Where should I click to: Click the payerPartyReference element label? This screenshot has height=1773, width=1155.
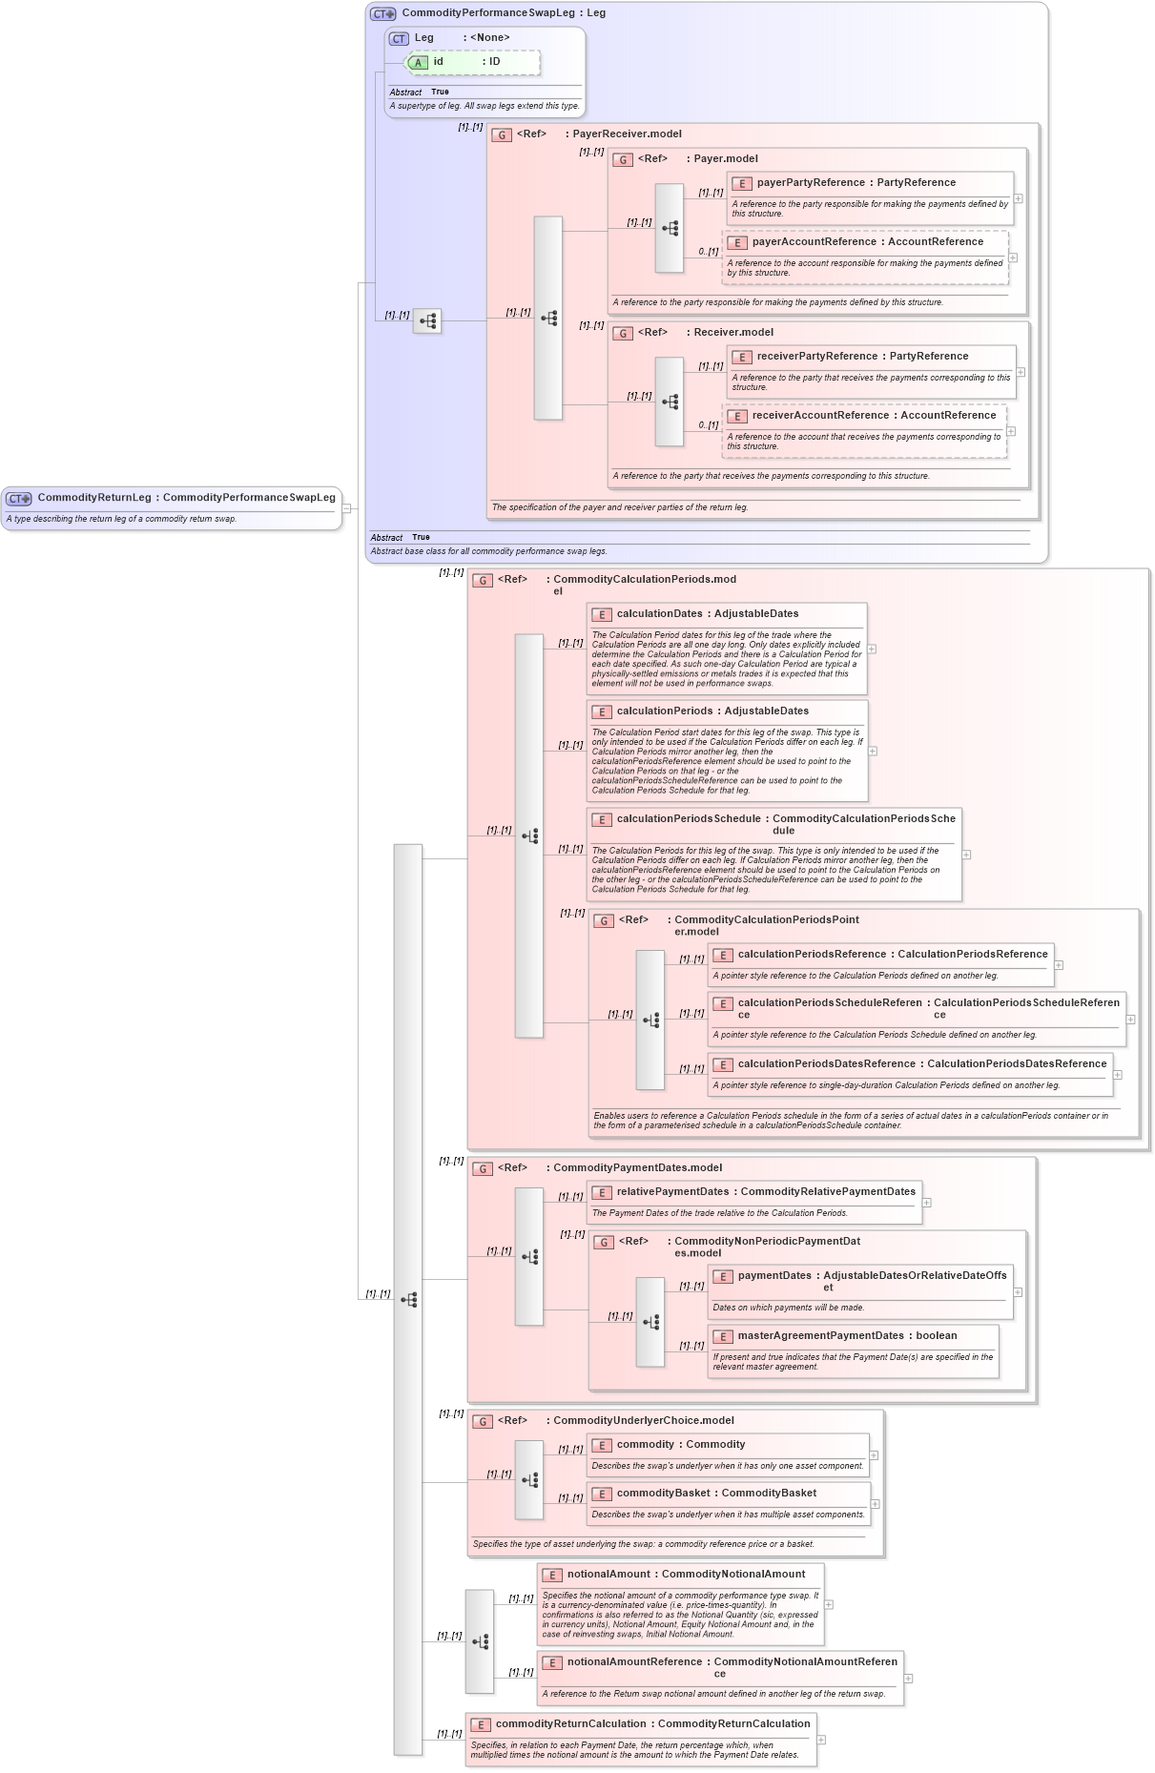tap(811, 183)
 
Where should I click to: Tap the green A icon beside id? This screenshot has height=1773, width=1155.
tap(418, 62)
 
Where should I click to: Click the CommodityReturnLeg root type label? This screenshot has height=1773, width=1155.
tap(93, 498)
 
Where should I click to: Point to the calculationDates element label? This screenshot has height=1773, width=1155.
tap(659, 614)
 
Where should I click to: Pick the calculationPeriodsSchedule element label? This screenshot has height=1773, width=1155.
tap(689, 819)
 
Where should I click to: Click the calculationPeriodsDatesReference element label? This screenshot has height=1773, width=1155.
tap(826, 1064)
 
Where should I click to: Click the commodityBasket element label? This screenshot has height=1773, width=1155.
tap(663, 1494)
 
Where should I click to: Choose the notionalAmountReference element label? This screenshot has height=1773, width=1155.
tap(634, 1662)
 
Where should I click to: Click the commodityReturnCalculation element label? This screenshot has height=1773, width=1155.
tap(570, 1724)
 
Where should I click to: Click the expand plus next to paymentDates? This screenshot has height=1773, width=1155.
tap(1018, 1292)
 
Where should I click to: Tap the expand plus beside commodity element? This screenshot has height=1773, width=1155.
tap(874, 1455)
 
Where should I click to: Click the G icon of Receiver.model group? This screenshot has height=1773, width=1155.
tap(623, 334)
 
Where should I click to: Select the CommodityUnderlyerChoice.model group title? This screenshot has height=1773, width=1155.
tap(644, 1421)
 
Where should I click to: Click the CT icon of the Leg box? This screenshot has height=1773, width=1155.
tap(399, 39)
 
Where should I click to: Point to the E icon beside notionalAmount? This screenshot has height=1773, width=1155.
tap(551, 1576)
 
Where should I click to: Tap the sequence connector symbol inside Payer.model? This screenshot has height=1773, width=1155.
tap(670, 229)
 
